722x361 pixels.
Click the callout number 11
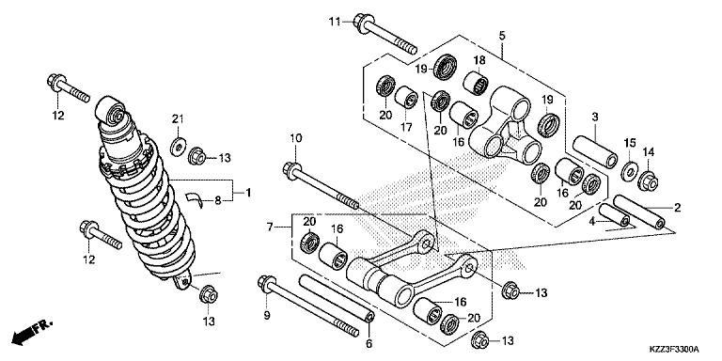tap(334, 20)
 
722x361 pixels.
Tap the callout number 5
tap(503, 36)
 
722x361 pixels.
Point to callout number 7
tap(270, 227)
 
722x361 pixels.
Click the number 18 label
tap(479, 61)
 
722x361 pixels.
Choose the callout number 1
tap(249, 193)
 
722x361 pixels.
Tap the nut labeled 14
tap(648, 179)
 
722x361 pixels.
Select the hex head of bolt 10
tap(290, 171)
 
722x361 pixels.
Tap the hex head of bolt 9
tap(264, 282)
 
